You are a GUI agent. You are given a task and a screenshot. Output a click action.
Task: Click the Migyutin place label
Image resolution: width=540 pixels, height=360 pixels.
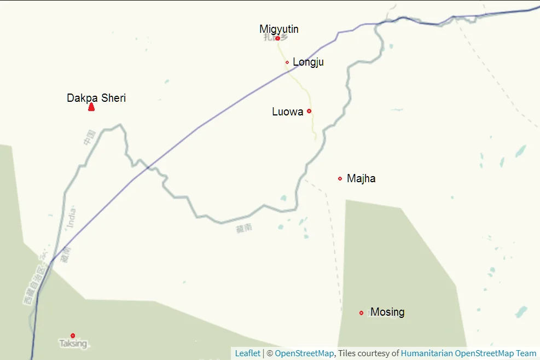pyautogui.click(x=279, y=29)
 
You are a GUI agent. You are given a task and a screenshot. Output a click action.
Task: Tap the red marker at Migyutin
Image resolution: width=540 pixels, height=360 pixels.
pyautogui.click(x=278, y=38)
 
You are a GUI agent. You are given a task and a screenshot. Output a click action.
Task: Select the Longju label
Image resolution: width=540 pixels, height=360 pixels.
pyautogui.click(x=308, y=62)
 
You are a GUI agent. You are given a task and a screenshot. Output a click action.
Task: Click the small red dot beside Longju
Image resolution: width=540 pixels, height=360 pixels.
pyautogui.click(x=287, y=62)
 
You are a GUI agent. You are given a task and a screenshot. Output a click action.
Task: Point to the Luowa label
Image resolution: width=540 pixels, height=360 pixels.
pyautogui.click(x=287, y=112)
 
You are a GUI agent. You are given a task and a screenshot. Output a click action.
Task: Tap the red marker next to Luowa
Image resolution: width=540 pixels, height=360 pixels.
pyautogui.click(x=309, y=111)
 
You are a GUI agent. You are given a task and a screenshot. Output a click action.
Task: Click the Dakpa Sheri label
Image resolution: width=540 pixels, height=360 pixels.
pyautogui.click(x=96, y=98)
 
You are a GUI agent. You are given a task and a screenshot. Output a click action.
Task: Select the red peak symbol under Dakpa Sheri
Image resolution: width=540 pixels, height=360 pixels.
pyautogui.click(x=91, y=107)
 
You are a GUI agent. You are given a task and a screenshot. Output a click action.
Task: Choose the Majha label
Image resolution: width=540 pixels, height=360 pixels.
pyautogui.click(x=361, y=178)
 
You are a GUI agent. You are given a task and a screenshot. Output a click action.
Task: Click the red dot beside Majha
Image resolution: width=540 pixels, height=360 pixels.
pyautogui.click(x=340, y=178)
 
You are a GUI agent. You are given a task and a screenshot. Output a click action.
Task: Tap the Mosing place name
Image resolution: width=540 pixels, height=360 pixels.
pyautogui.click(x=387, y=312)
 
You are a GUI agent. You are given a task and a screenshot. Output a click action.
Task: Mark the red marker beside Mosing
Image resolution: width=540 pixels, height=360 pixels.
pyautogui.click(x=361, y=313)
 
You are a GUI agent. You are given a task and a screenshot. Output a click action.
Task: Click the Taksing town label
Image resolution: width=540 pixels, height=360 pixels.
pyautogui.click(x=73, y=344)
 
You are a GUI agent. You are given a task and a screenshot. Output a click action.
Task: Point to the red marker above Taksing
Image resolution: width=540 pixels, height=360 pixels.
pyautogui.click(x=73, y=335)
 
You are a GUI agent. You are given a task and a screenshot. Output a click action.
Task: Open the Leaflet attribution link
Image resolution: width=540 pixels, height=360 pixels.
pyautogui.click(x=247, y=353)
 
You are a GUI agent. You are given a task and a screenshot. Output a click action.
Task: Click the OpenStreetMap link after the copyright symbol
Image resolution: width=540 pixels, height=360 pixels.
pyautogui.click(x=304, y=353)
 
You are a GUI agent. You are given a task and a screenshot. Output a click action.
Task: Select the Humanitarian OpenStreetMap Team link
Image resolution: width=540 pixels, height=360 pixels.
pyautogui.click(x=468, y=353)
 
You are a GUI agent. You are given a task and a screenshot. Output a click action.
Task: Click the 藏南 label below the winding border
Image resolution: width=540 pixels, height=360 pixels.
pyautogui.click(x=244, y=229)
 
